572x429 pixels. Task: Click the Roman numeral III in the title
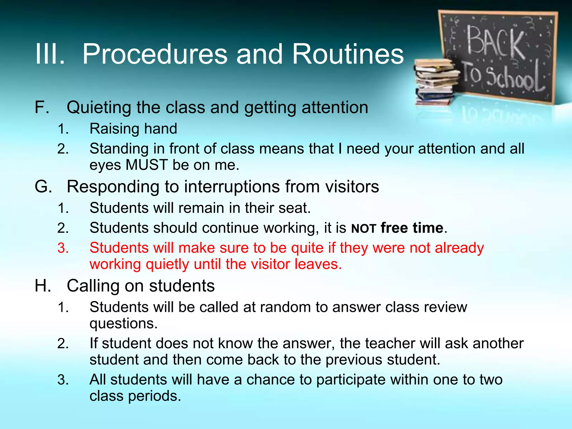[x=50, y=54]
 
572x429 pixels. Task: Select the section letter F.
[x=42, y=108]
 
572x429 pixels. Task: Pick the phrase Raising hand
[x=133, y=129]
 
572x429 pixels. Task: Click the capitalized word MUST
[x=147, y=165]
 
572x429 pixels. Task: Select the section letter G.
[x=43, y=187]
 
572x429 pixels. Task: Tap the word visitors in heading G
[x=352, y=187]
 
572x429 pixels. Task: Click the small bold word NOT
[x=364, y=229]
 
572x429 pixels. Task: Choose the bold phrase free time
[x=412, y=228]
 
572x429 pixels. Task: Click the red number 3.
[x=63, y=248]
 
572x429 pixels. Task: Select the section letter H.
[x=43, y=286]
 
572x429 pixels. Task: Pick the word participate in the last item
[x=351, y=380]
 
